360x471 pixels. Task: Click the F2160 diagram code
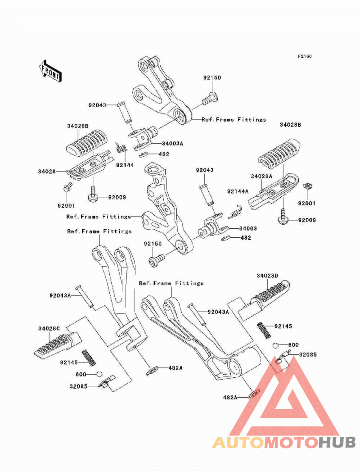pyautogui.click(x=305, y=56)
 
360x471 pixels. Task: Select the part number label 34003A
pyautogui.click(x=172, y=144)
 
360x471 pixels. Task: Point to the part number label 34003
pyautogui.click(x=248, y=228)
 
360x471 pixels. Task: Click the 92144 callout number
pyautogui.click(x=125, y=165)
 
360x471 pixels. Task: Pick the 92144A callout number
pyautogui.click(x=238, y=191)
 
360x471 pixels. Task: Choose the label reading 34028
pyautogui.click(x=46, y=172)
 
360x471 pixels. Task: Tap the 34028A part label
pyautogui.click(x=261, y=177)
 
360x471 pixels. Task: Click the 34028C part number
pyautogui.click(x=49, y=329)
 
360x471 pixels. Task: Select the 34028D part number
pyautogui.click(x=267, y=276)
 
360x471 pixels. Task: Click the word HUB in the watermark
pyautogui.click(x=337, y=443)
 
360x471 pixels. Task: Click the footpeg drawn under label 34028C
pyautogui.click(x=58, y=345)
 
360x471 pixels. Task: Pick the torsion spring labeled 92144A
pyautogui.click(x=235, y=212)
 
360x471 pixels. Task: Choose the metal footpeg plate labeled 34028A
pyautogui.click(x=274, y=190)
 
